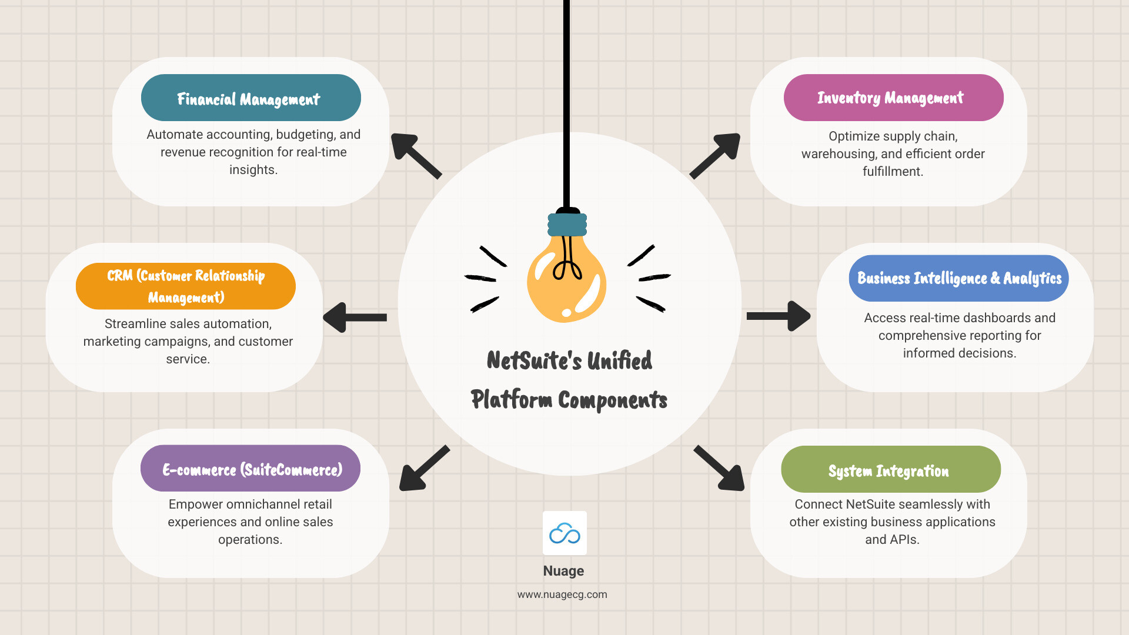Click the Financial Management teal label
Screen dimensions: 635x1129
pos(250,98)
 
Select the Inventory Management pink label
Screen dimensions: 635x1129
pos(893,98)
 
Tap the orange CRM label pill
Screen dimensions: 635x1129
pos(185,286)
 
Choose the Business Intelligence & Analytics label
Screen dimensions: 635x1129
pos(958,278)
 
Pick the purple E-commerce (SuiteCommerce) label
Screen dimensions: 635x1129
pos(250,469)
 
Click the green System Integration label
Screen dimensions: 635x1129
pos(890,470)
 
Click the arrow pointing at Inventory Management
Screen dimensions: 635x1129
pos(716,155)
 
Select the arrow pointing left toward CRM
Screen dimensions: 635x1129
pos(354,317)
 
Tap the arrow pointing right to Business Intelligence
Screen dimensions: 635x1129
pos(779,316)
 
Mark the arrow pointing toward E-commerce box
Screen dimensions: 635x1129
pos(423,469)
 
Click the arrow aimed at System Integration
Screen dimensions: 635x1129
pos(720,469)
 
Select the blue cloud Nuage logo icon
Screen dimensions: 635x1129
pos(564,533)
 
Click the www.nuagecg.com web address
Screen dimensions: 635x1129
pos(562,594)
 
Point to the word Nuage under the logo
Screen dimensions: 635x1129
pos(563,571)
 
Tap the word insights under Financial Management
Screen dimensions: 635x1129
pos(252,170)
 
